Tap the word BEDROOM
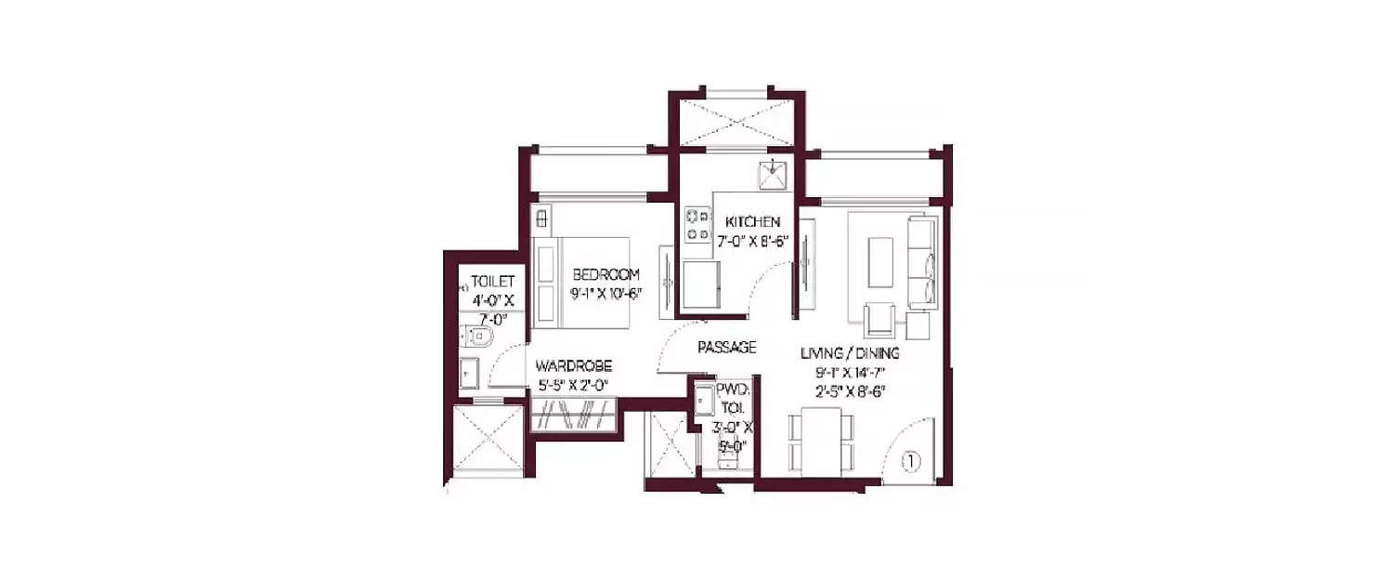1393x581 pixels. (606, 274)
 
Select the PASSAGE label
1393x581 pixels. (727, 347)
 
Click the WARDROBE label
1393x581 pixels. (574, 366)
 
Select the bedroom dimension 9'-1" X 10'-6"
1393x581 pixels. (606, 292)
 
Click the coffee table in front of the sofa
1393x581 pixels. (880, 261)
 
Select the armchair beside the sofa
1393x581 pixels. (879, 321)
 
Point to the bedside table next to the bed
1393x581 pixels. (542, 219)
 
